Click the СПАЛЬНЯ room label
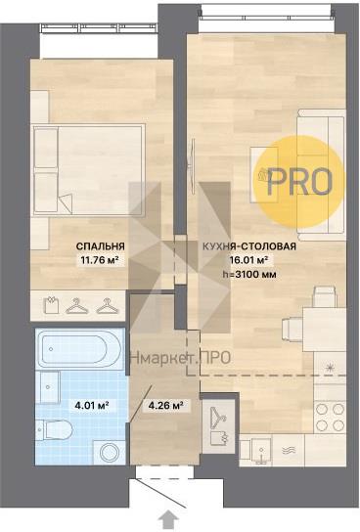(x=101, y=246)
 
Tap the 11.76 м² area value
(x=100, y=260)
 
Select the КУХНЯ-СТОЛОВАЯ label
(x=249, y=246)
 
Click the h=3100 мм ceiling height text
(x=249, y=274)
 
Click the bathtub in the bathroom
(x=79, y=349)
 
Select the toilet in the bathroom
(x=55, y=430)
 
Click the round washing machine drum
(x=110, y=453)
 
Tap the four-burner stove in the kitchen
(x=330, y=418)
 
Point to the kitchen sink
(x=255, y=451)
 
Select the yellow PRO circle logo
(x=300, y=182)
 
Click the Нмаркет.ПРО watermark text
(x=181, y=358)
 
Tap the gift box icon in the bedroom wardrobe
(x=52, y=304)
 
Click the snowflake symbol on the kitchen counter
(x=329, y=368)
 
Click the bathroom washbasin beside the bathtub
(x=50, y=387)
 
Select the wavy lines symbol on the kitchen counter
(x=289, y=450)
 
